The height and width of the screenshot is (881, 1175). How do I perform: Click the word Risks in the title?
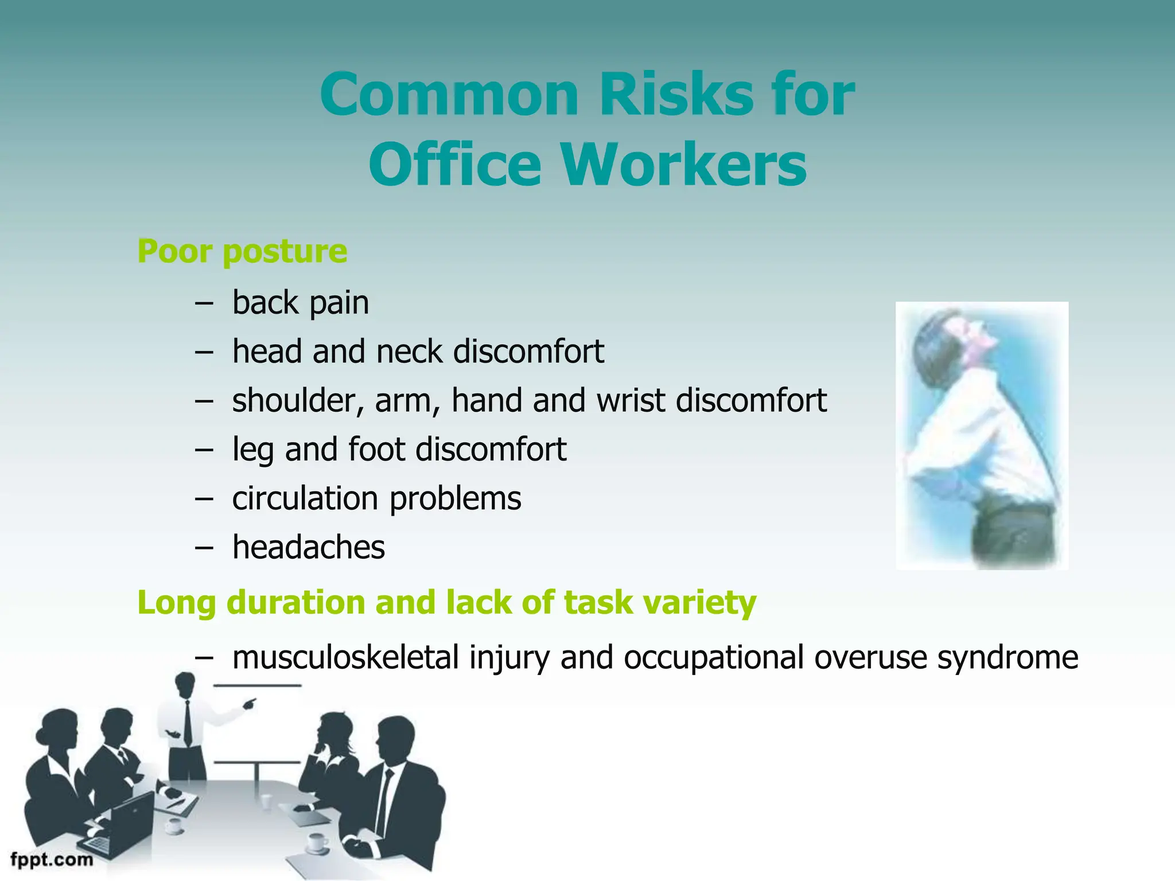coord(675,95)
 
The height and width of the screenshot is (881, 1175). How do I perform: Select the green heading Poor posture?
coord(242,251)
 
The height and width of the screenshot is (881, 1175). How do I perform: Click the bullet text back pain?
coord(300,303)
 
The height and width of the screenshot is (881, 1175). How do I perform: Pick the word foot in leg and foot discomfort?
coord(376,449)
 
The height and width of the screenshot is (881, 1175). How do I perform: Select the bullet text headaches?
coord(308,547)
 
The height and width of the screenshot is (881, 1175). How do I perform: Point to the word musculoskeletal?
coord(345,657)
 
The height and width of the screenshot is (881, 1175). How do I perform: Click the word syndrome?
coord(1007,657)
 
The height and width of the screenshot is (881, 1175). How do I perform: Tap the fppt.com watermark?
coord(52,860)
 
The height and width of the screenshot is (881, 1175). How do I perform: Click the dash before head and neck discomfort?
coord(203,351)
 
